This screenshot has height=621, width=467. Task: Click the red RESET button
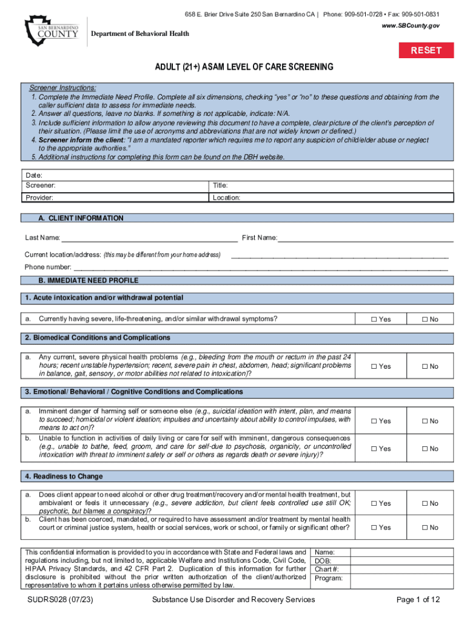point(426,50)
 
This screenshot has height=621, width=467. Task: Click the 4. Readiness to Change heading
point(64,477)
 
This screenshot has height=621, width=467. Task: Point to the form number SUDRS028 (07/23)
point(59,600)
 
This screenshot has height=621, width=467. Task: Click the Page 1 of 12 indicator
point(418,600)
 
